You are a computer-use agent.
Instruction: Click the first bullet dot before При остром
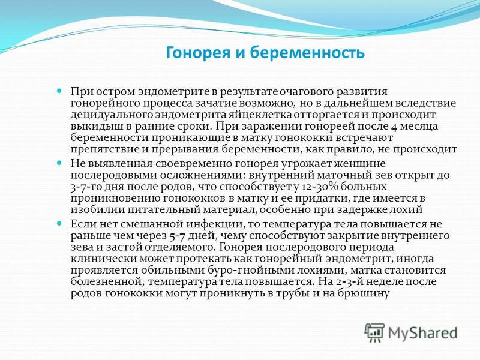tap(59, 91)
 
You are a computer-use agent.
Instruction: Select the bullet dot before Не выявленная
tap(59, 163)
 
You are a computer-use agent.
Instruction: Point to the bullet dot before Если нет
tap(59, 224)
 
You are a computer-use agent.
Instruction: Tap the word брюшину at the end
tap(364, 293)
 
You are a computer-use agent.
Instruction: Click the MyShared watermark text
tap(423, 332)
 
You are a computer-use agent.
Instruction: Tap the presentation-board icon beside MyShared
tap(374, 332)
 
